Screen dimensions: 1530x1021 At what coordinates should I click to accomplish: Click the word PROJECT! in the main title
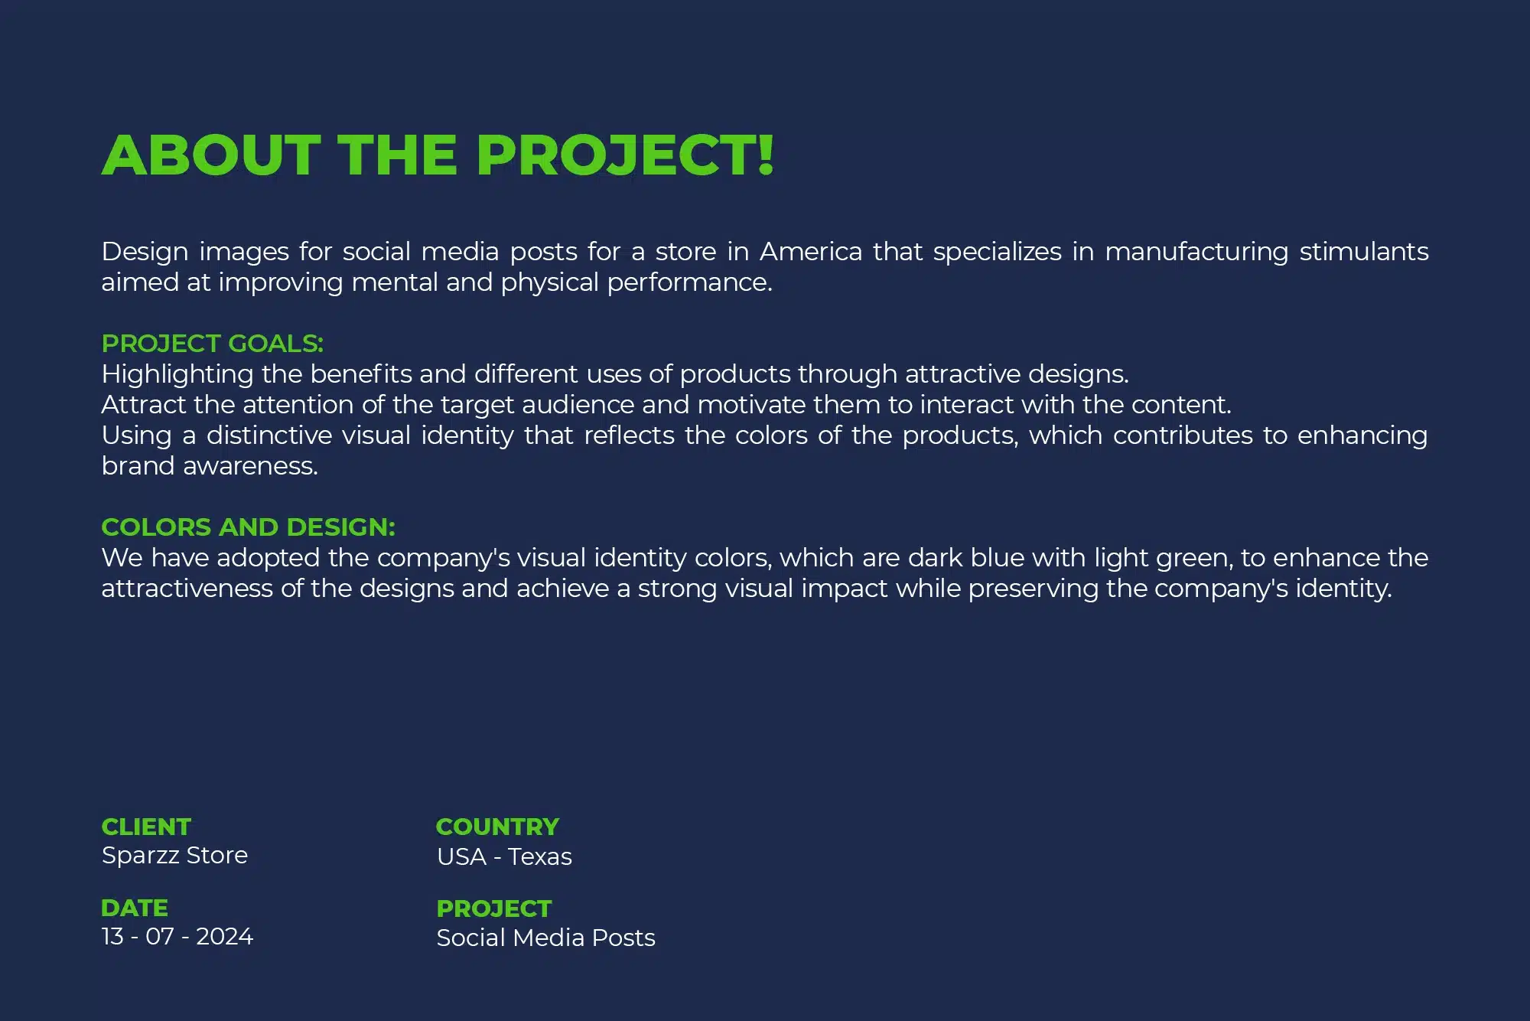coord(625,155)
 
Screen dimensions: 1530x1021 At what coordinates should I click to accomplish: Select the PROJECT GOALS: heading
coord(213,344)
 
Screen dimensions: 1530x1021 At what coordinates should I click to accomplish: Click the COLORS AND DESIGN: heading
coord(249,527)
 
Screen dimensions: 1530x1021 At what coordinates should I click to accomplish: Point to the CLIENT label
coord(146,827)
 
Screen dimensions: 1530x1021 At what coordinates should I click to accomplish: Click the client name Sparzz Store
coord(174,856)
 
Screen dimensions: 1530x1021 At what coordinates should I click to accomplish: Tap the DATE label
coord(135,908)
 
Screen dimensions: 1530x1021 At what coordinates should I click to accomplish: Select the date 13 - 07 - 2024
coord(177,937)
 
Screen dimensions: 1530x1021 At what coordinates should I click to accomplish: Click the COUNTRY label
coord(498,827)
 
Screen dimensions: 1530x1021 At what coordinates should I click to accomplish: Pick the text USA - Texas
coord(504,857)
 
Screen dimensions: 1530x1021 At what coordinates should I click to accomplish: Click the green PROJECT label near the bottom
coord(494,909)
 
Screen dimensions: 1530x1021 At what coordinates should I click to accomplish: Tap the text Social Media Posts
coord(546,938)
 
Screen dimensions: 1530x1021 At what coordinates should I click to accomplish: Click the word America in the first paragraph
coord(811,252)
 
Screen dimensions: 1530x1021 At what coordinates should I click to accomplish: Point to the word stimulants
coord(1364,252)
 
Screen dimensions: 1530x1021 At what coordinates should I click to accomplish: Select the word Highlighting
coord(177,375)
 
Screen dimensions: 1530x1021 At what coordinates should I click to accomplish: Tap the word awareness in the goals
coord(251,467)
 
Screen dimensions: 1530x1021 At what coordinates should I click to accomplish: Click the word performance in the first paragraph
coord(690,283)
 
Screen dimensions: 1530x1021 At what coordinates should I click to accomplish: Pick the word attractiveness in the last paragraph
coord(187,589)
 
